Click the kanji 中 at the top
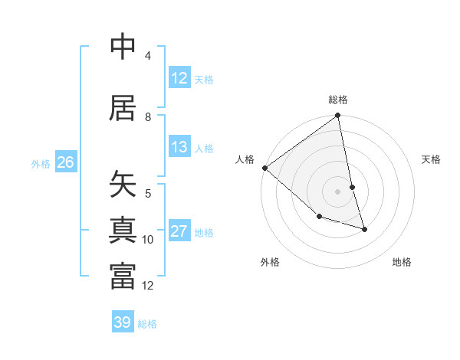click(123, 47)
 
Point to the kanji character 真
click(123, 231)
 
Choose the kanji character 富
click(123, 277)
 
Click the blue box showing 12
click(179, 78)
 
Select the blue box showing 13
click(179, 147)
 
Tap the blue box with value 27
click(179, 231)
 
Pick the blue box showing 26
click(65, 162)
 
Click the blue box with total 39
click(123, 322)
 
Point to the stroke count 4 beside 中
click(148, 56)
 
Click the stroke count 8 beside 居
click(148, 117)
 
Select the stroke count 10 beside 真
click(148, 240)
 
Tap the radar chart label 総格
click(338, 100)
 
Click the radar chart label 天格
click(432, 159)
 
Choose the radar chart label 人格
click(245, 159)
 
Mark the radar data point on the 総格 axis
click(337, 116)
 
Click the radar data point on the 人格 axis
click(264, 168)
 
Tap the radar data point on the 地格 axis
click(364, 229)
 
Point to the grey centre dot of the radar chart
click(337, 191)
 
